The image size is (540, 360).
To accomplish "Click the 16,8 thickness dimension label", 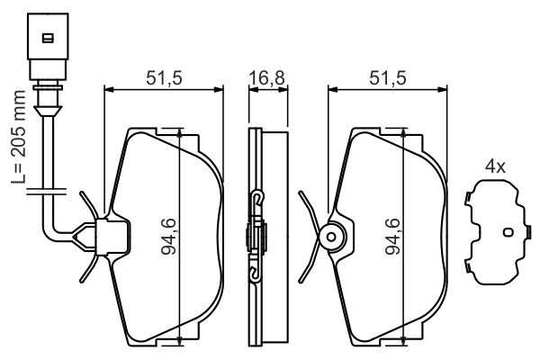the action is [267, 78].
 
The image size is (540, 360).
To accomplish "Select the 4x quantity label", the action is [495, 167].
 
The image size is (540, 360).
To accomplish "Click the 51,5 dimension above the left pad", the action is [164, 78].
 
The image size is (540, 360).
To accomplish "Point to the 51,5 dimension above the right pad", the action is [388, 78].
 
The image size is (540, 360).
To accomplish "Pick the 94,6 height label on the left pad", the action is [169, 237].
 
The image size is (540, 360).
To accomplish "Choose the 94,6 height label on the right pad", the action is [392, 237].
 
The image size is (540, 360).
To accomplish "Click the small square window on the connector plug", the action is [48, 38].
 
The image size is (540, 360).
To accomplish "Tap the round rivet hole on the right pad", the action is [331, 237].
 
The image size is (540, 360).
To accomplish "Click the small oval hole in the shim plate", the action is [508, 232].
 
